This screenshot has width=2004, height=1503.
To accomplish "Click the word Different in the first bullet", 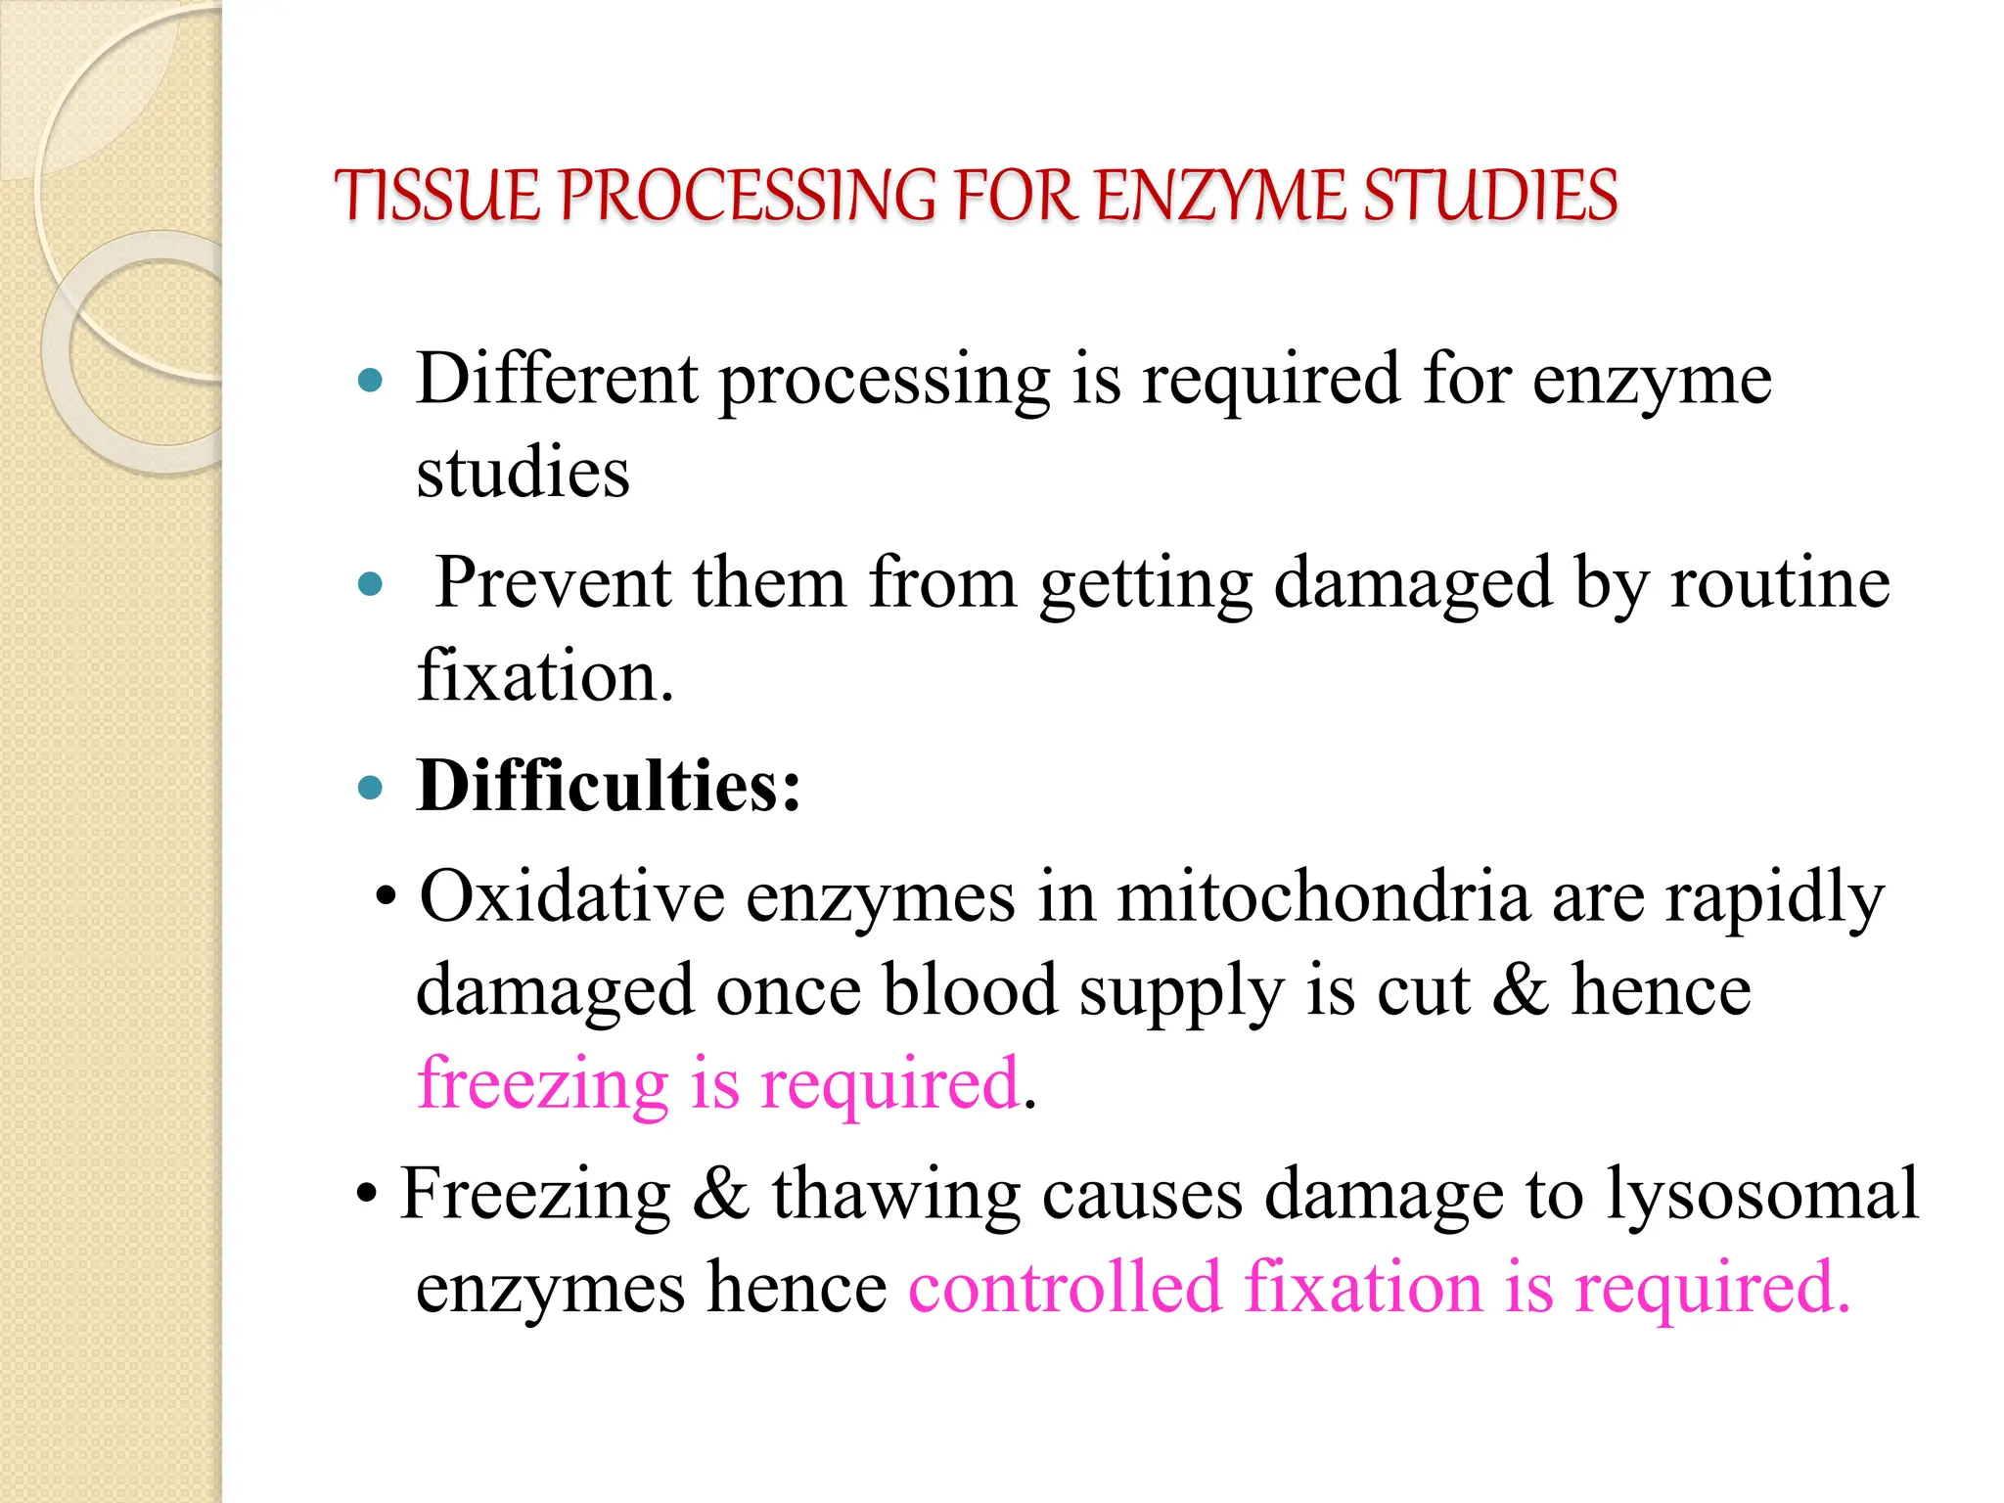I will (x=557, y=379).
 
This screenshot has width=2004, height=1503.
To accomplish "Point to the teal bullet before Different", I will (x=370, y=381).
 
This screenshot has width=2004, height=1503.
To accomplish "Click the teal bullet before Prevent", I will (x=370, y=585).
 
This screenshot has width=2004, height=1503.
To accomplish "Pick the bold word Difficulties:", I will (x=608, y=786).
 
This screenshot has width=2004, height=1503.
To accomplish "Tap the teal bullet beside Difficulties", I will (x=370, y=788).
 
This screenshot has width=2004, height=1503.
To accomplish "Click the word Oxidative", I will (x=571, y=896).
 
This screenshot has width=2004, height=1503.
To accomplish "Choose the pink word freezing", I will (x=542, y=1084).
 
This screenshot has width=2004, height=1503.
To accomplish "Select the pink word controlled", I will (x=1065, y=1287).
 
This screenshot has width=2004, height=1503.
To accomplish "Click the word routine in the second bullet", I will (x=1779, y=583).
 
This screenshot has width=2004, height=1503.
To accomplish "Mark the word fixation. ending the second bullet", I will (x=545, y=676).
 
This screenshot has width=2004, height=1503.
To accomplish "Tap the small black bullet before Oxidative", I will (x=387, y=897).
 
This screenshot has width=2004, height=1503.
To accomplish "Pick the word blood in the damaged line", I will (x=970, y=990).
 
